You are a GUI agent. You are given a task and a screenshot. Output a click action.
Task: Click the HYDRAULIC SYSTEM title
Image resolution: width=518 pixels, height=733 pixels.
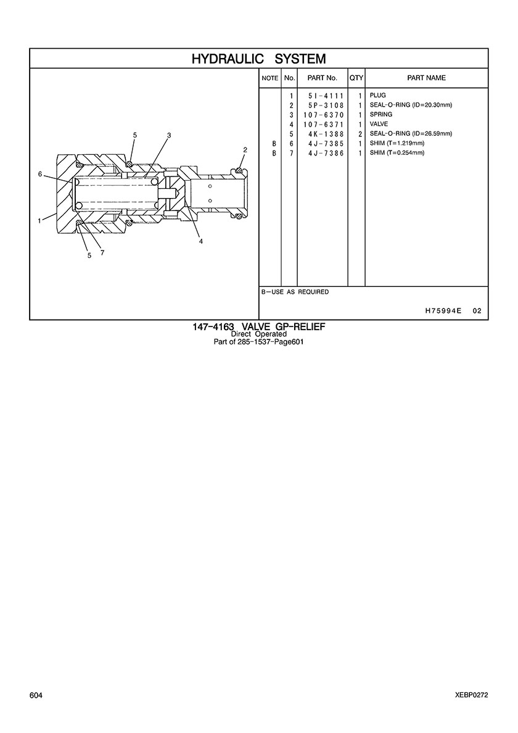259,59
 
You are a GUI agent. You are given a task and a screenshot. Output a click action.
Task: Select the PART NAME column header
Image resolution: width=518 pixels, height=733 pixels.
427,78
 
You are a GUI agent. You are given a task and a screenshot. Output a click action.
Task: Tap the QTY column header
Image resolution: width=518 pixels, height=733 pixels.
356,78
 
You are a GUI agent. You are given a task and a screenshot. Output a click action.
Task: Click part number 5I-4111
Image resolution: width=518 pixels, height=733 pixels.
326,96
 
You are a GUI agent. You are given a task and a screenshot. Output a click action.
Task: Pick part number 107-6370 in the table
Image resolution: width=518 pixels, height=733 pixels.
324,115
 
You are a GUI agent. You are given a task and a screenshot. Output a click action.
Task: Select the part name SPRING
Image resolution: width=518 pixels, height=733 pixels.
381,114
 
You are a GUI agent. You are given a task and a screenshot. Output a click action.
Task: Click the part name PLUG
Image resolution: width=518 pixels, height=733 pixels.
378,96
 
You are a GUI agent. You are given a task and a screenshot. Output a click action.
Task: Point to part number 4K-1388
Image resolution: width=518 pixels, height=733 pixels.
326,134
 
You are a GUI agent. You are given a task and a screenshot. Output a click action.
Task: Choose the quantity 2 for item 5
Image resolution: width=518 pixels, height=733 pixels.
360,134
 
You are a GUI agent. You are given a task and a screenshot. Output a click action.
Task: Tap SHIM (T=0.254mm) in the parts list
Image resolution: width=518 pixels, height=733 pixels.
397,153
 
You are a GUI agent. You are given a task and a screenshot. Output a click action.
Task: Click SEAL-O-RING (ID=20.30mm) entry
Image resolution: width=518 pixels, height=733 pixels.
411,105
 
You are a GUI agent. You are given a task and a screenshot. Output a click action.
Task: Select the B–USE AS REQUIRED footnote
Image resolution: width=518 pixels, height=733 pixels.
295,292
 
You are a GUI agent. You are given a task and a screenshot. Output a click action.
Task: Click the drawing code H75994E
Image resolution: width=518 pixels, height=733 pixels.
443,311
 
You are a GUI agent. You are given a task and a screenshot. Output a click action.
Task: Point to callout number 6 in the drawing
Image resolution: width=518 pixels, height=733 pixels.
40,174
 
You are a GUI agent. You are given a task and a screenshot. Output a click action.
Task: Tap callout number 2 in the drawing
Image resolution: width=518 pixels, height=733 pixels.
245,150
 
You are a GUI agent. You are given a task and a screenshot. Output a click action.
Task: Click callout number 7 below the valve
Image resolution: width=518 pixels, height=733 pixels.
102,253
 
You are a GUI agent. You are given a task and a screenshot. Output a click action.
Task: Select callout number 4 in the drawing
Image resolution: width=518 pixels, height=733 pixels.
201,242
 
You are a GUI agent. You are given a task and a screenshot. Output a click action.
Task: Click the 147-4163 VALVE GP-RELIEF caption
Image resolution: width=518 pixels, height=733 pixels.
259,327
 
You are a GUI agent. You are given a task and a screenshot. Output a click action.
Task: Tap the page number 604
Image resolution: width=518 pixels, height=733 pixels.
36,695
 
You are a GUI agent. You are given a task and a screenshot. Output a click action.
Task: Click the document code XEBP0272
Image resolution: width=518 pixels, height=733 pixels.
472,695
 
